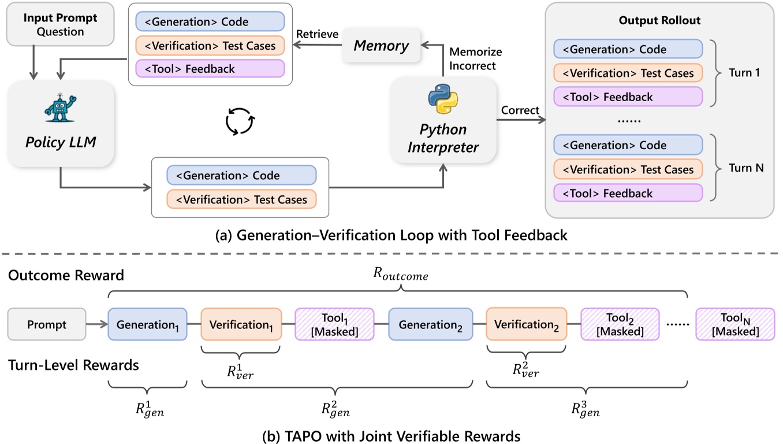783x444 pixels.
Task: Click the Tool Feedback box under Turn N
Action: [x=628, y=193]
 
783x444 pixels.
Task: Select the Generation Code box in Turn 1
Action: [x=628, y=49]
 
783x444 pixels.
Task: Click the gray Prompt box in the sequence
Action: [x=47, y=324]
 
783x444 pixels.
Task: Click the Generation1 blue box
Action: [x=148, y=324]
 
